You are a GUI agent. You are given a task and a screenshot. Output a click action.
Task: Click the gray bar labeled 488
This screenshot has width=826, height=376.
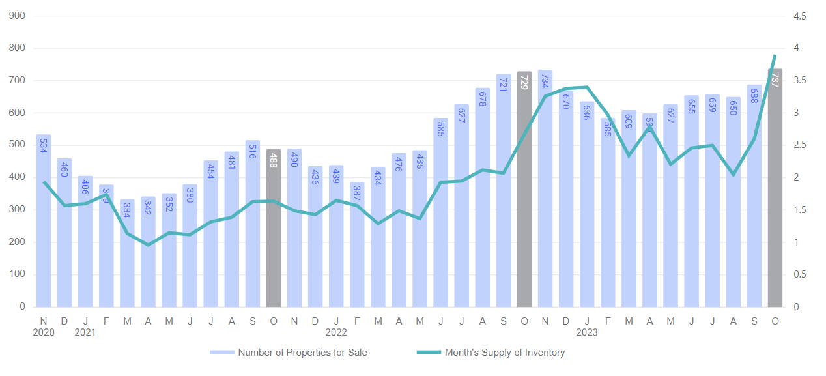tap(274, 228)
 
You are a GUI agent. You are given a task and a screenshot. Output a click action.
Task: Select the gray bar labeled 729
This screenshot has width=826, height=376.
tap(524, 189)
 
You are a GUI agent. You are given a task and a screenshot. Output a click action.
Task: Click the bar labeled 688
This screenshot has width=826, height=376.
tap(754, 195)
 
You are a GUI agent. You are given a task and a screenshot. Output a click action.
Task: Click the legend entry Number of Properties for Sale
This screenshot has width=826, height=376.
tap(289, 353)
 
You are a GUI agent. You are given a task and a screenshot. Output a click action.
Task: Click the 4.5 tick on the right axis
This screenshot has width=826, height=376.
tap(800, 16)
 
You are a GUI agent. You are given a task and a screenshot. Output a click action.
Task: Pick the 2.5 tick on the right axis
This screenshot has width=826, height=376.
tap(800, 145)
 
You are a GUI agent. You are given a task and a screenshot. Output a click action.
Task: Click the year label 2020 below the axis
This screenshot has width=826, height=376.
tap(44, 332)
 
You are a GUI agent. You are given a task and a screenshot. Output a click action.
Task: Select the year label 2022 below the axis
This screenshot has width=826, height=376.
tap(336, 332)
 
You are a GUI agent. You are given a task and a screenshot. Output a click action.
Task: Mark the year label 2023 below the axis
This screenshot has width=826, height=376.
tap(586, 332)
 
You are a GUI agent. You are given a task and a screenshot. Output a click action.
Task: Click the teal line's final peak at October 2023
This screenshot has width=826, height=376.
tap(775, 56)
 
